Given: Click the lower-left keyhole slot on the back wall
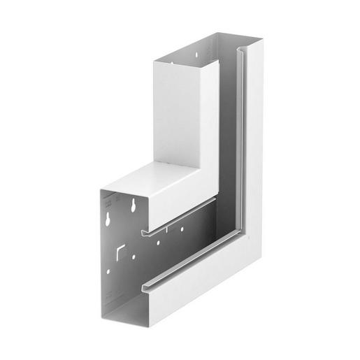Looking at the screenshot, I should pos(108,217).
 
